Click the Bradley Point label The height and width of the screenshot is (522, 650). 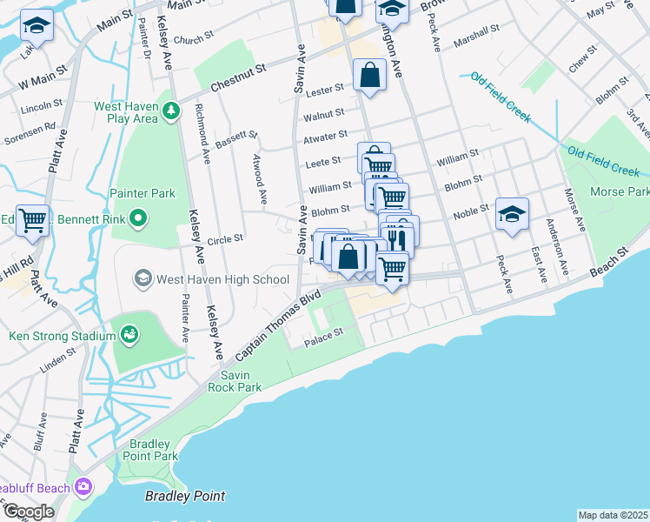[184, 497]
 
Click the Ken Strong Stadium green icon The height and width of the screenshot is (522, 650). [129, 334]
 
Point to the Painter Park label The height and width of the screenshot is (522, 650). [143, 193]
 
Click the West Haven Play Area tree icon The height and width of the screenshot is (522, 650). [171, 110]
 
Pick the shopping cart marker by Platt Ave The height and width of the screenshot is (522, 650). [32, 220]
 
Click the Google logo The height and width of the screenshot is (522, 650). [28, 511]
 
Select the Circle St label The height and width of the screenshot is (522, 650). [225, 237]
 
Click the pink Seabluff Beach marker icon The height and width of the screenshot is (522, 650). [83, 486]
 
